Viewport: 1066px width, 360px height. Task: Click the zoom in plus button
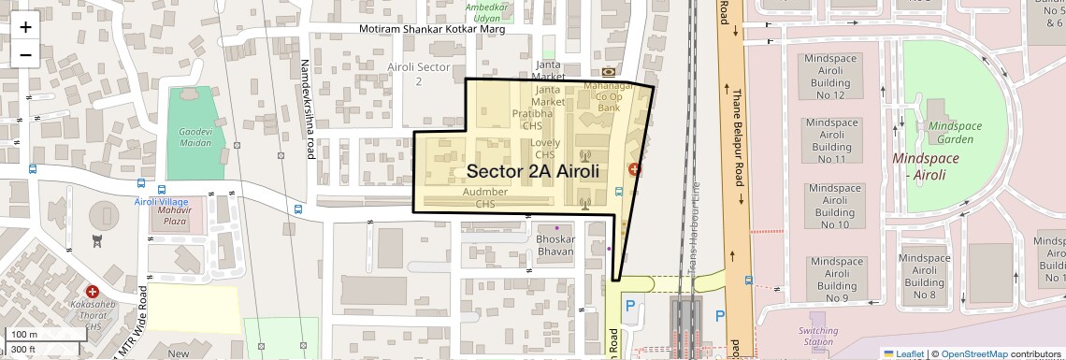[x=25, y=27]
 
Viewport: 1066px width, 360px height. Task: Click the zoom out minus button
[x=25, y=54]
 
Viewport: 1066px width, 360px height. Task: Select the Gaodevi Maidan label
[x=194, y=138]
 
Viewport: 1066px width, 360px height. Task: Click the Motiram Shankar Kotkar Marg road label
[x=433, y=30]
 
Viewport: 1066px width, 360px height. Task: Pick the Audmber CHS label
[x=485, y=197]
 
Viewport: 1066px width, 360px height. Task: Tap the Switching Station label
[x=817, y=336]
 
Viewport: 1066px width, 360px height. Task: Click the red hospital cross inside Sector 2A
[x=634, y=169]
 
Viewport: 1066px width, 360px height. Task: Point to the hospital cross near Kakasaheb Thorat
[x=93, y=293]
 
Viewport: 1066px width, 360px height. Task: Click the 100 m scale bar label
[x=25, y=335]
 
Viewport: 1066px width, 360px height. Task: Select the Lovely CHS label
[x=545, y=149]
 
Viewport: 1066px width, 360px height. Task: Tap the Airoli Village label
[x=161, y=202]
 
